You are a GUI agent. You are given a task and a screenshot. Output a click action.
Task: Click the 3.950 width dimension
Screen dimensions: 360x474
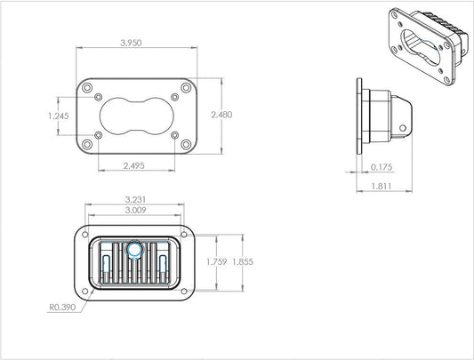point(135,41)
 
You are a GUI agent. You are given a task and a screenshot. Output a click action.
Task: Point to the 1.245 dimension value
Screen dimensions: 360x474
point(58,115)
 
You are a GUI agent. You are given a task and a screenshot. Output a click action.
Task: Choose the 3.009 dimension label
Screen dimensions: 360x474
point(135,212)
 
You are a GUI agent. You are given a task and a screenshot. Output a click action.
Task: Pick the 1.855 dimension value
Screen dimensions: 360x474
point(241,263)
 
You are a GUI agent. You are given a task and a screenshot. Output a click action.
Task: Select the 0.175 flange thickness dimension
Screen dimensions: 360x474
point(382,166)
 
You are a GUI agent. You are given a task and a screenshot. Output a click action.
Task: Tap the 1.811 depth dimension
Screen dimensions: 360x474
point(382,186)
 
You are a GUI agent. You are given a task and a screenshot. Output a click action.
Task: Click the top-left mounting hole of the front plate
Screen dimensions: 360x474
point(87,87)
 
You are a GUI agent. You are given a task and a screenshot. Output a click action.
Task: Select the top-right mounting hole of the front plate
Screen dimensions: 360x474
point(184,87)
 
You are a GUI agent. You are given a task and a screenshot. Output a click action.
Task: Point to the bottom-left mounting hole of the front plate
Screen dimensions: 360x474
point(87,144)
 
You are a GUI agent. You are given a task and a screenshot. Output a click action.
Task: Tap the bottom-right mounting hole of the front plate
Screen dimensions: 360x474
point(184,144)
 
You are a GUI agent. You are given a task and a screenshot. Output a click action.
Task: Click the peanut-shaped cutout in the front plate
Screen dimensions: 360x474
point(135,116)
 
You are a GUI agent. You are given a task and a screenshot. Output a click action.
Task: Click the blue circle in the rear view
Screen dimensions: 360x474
point(133,251)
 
